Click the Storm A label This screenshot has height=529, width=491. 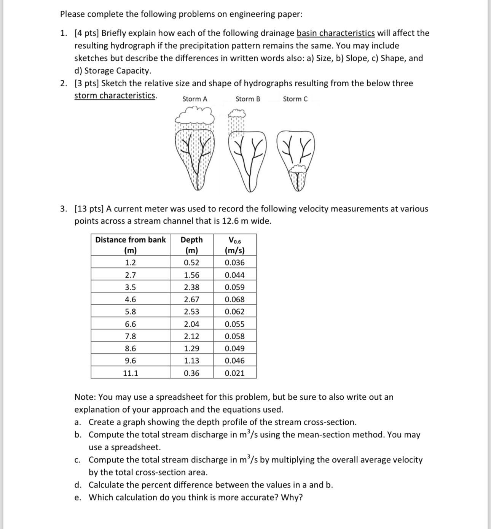194,99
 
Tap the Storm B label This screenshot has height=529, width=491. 248,99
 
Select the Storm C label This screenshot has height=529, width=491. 295,99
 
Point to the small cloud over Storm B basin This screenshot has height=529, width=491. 236,113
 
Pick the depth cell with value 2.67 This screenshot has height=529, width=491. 191,299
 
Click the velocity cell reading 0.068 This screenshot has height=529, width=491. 234,299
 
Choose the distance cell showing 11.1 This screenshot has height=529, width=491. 131,373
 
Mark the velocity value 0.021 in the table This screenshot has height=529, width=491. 234,373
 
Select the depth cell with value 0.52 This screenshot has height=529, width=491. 191,262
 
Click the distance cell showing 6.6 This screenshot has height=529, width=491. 131,324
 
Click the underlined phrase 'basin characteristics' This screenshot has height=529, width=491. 335,33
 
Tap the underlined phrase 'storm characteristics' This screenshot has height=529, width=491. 115,95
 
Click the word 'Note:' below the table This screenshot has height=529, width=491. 85,397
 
